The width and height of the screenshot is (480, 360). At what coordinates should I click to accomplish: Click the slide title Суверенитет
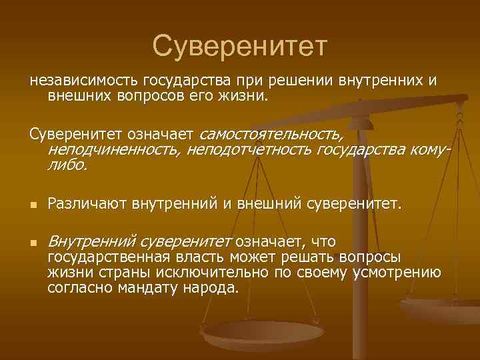click(x=240, y=45)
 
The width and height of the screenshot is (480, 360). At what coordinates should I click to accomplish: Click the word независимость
click(x=77, y=81)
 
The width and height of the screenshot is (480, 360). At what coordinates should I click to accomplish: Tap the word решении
click(x=301, y=81)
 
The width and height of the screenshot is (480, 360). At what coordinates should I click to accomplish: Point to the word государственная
click(x=111, y=257)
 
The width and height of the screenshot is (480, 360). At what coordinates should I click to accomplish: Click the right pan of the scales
click(x=440, y=308)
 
